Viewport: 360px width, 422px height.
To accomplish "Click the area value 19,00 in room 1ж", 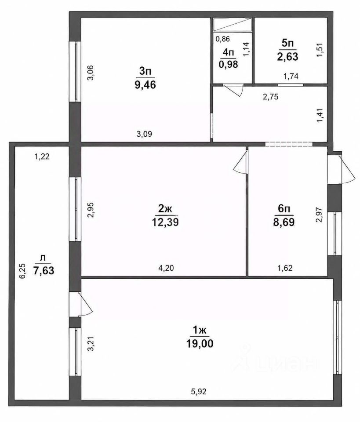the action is pos(200,343).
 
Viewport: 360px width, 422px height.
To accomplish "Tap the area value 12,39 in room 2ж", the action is pos(165,222).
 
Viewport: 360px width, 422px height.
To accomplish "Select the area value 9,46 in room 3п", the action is pos(145,85).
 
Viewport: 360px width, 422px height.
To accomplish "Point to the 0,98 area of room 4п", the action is pos(229,64).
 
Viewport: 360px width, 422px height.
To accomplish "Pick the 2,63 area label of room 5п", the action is pos(288,57).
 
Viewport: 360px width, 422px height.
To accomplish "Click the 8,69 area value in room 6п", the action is pos(284,222).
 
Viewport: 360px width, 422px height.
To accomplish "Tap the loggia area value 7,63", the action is pos(44,270).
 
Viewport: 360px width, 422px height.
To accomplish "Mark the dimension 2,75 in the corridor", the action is pos(271,97).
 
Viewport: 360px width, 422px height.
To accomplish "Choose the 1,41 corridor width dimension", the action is pos(320,115).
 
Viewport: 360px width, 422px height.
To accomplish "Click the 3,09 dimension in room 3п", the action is pos(144,134).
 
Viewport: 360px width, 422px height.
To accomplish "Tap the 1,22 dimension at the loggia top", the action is pos(42,156).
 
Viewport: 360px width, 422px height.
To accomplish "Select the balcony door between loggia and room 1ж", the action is pos(81,304).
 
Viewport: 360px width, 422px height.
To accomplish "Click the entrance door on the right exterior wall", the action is pos(341,168).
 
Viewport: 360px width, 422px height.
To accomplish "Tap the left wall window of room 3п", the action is pos(75,71).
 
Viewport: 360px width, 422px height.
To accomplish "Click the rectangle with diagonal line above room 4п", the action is pos(233,25).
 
